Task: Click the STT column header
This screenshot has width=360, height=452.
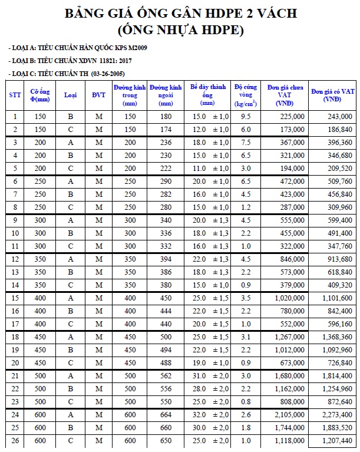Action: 15,95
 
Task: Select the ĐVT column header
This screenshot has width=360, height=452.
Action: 98,95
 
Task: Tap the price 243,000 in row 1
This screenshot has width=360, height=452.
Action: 339,117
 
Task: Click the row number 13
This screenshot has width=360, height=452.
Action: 15,272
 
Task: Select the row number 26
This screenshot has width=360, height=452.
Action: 15,440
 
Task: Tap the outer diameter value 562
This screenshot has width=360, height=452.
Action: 166,375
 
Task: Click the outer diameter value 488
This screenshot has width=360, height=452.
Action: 166,362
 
